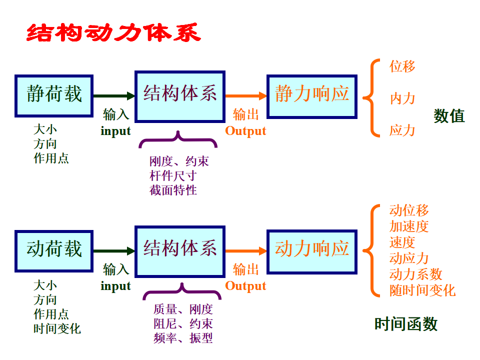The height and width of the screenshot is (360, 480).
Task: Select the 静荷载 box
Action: click(54, 96)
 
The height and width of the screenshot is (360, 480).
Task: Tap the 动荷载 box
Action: click(54, 250)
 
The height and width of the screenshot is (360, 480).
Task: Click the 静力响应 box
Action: click(312, 96)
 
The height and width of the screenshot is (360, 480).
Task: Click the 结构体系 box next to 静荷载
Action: click(180, 96)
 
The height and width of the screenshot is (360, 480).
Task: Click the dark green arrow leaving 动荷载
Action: click(114, 251)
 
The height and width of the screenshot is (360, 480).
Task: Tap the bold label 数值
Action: click(449, 116)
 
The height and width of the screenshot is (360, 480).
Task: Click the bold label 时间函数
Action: click(406, 324)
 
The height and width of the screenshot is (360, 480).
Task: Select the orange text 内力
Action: click(402, 98)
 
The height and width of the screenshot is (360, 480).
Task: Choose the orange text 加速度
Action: click(409, 226)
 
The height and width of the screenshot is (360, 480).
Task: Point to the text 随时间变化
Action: click(422, 290)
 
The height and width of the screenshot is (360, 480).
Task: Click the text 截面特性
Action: click(173, 190)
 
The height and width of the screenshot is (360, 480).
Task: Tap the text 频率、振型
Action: click(183, 338)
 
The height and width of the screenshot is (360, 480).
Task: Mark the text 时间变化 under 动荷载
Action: click(57, 329)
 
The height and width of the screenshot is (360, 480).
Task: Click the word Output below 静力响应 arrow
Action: click(245, 131)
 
